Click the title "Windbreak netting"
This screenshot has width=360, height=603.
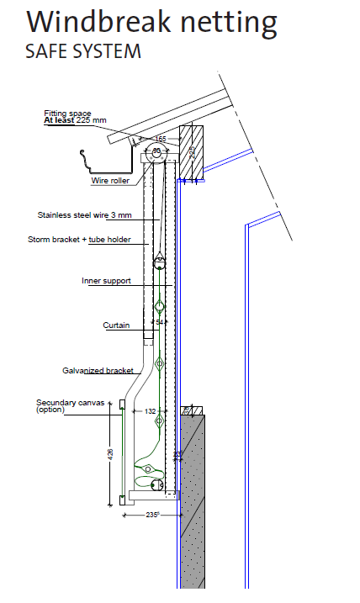pyautogui.click(x=151, y=23)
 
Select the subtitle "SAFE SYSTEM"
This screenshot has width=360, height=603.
pyautogui.click(x=83, y=51)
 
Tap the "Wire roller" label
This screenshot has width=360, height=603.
pyautogui.click(x=110, y=181)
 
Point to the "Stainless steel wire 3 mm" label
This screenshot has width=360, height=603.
pyautogui.click(x=85, y=215)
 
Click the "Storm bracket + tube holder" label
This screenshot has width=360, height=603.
pyautogui.click(x=79, y=240)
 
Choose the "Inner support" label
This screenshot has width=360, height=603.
pyautogui.click(x=106, y=281)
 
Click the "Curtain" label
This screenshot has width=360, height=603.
pyautogui.click(x=116, y=325)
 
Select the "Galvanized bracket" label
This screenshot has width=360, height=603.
pyautogui.click(x=98, y=371)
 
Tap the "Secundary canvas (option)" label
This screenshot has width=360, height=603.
pyautogui.click(x=71, y=405)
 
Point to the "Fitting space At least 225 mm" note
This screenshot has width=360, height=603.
pyautogui.click(x=75, y=117)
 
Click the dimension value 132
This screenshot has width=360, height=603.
pyautogui.click(x=150, y=411)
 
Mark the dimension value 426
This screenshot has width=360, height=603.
pyautogui.click(x=111, y=454)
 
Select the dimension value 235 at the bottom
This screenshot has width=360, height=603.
pyautogui.click(x=152, y=515)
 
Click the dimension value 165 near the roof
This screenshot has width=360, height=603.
pyautogui.click(x=161, y=139)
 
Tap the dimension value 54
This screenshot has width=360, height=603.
pyautogui.click(x=160, y=322)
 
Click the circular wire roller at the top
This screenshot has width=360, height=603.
pyautogui.click(x=157, y=151)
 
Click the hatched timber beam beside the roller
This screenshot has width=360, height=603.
pyautogui.click(x=192, y=152)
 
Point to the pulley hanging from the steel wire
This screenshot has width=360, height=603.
pyautogui.click(x=159, y=262)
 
